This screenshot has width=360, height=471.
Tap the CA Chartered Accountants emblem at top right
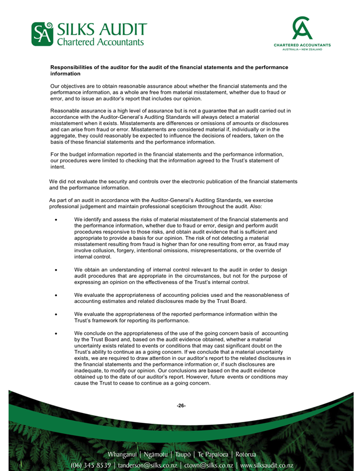(x=301, y=28)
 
